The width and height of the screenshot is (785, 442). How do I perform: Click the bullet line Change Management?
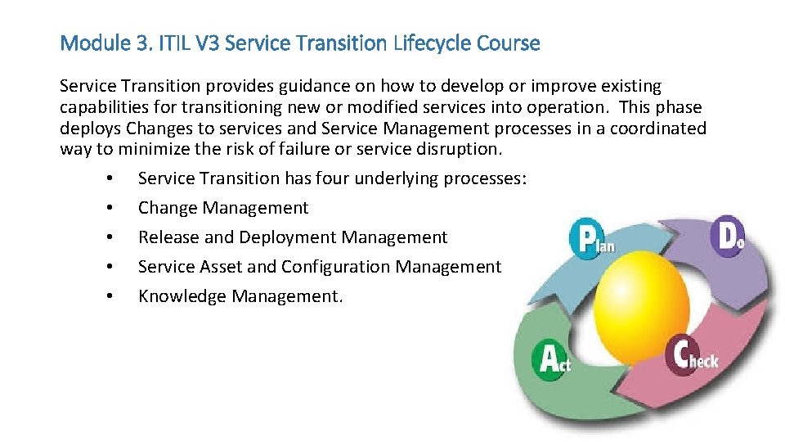point(223,208)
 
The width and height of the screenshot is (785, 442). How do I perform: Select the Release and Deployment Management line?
point(293,237)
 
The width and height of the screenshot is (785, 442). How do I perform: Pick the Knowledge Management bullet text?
point(240,296)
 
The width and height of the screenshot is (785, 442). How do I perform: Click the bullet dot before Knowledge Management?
point(109,296)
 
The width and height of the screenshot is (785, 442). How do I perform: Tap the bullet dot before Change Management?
point(109,208)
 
